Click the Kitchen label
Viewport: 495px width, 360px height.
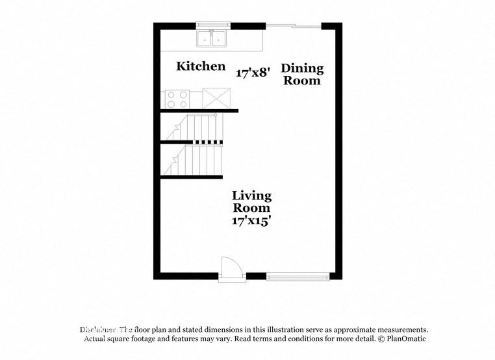tap(201, 66)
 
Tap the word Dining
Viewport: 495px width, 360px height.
tap(301, 69)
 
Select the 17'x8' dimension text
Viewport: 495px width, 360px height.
tap(253, 73)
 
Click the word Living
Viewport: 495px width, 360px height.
tap(252, 196)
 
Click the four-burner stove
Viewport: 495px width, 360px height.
tap(177, 98)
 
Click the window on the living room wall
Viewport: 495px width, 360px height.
tap(298, 276)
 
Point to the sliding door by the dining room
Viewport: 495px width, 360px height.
tap(294, 26)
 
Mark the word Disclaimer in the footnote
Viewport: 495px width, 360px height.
tap(97, 330)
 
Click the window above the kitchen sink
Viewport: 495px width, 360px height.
tap(214, 25)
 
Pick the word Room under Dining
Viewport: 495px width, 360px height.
tap(301, 81)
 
